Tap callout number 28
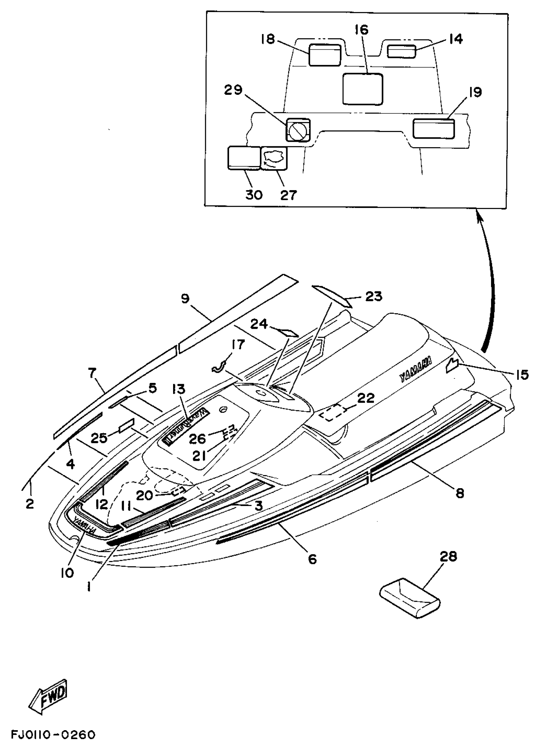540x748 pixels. click(x=448, y=557)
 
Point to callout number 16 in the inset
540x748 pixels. click(x=361, y=30)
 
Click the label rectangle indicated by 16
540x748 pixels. click(x=362, y=89)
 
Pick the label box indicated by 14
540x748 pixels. click(x=401, y=52)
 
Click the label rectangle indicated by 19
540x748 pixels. click(x=434, y=128)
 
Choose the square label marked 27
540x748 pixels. click(x=274, y=158)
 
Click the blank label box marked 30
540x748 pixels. click(x=244, y=158)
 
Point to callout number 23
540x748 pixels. click(x=373, y=296)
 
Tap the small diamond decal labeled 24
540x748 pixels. click(x=287, y=332)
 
